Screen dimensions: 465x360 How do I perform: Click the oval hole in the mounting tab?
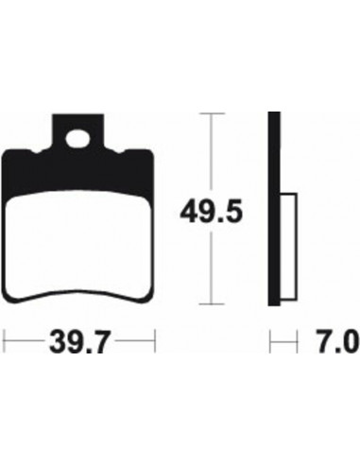[x=77, y=135]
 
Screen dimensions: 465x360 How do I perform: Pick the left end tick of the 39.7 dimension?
[x=6, y=336]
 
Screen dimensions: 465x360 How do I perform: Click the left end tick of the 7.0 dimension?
[x=271, y=336]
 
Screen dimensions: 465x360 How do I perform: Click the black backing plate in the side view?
[x=275, y=208]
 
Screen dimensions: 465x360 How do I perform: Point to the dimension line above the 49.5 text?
[x=213, y=151]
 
